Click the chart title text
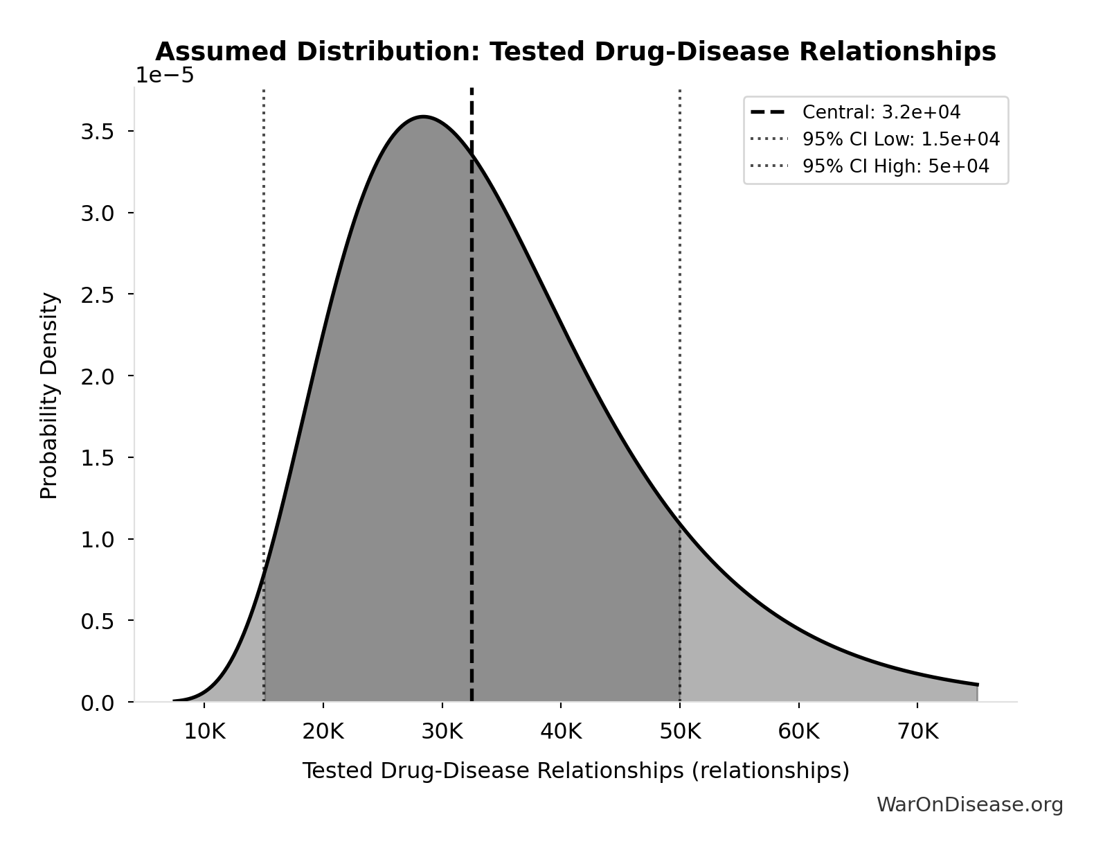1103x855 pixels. [x=575, y=52]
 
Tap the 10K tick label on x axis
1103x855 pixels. [x=204, y=732]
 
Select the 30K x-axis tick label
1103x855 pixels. [x=442, y=732]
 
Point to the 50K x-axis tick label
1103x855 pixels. [x=680, y=732]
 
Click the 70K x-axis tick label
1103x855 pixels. [x=917, y=732]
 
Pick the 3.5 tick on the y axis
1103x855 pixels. [x=97, y=132]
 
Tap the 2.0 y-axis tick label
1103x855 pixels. [x=97, y=376]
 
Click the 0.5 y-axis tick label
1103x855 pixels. [x=97, y=621]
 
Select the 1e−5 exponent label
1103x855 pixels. [x=164, y=76]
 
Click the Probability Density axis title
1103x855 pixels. [x=49, y=396]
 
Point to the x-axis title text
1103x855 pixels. [x=575, y=770]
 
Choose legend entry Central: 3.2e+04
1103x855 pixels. [x=881, y=112]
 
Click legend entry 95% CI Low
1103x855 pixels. [x=900, y=139]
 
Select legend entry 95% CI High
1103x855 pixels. [x=895, y=166]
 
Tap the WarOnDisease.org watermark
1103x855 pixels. [x=969, y=804]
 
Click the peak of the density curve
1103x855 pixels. [x=422, y=116]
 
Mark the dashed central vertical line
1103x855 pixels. [x=472, y=416]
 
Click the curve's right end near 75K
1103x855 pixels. [x=976, y=685]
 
